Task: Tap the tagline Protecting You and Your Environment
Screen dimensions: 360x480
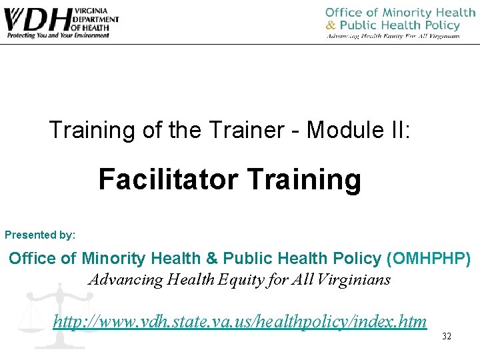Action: [57, 35]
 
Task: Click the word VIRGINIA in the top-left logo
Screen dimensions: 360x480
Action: [94, 9]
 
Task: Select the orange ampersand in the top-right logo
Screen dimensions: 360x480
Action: [331, 25]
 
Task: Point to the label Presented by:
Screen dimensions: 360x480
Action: [40, 235]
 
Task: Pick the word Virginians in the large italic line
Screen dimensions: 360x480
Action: [354, 279]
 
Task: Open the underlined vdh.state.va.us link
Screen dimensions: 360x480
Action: [240, 322]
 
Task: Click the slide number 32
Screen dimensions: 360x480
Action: [447, 337]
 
